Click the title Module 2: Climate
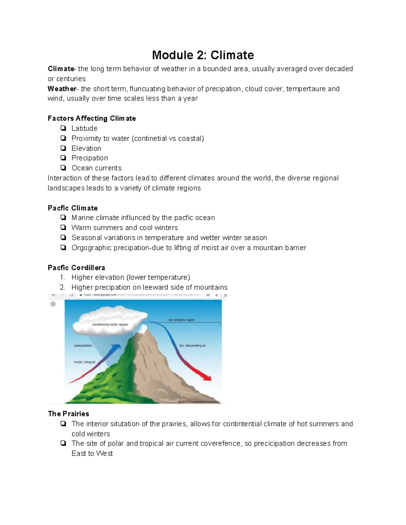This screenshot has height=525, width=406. (203, 55)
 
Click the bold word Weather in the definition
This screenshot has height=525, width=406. (62, 89)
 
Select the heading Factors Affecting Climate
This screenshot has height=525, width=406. (92, 118)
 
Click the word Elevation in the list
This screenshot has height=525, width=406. (86, 148)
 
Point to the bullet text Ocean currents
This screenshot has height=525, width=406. (96, 168)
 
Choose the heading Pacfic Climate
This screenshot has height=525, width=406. (73, 208)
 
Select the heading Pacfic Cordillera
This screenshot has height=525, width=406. (76, 268)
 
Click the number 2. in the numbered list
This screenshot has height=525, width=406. (62, 287)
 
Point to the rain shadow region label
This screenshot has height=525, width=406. (181, 320)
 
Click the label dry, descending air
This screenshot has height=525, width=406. (193, 346)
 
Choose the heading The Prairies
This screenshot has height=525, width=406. (68, 414)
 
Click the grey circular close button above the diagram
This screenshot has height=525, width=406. (53, 304)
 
